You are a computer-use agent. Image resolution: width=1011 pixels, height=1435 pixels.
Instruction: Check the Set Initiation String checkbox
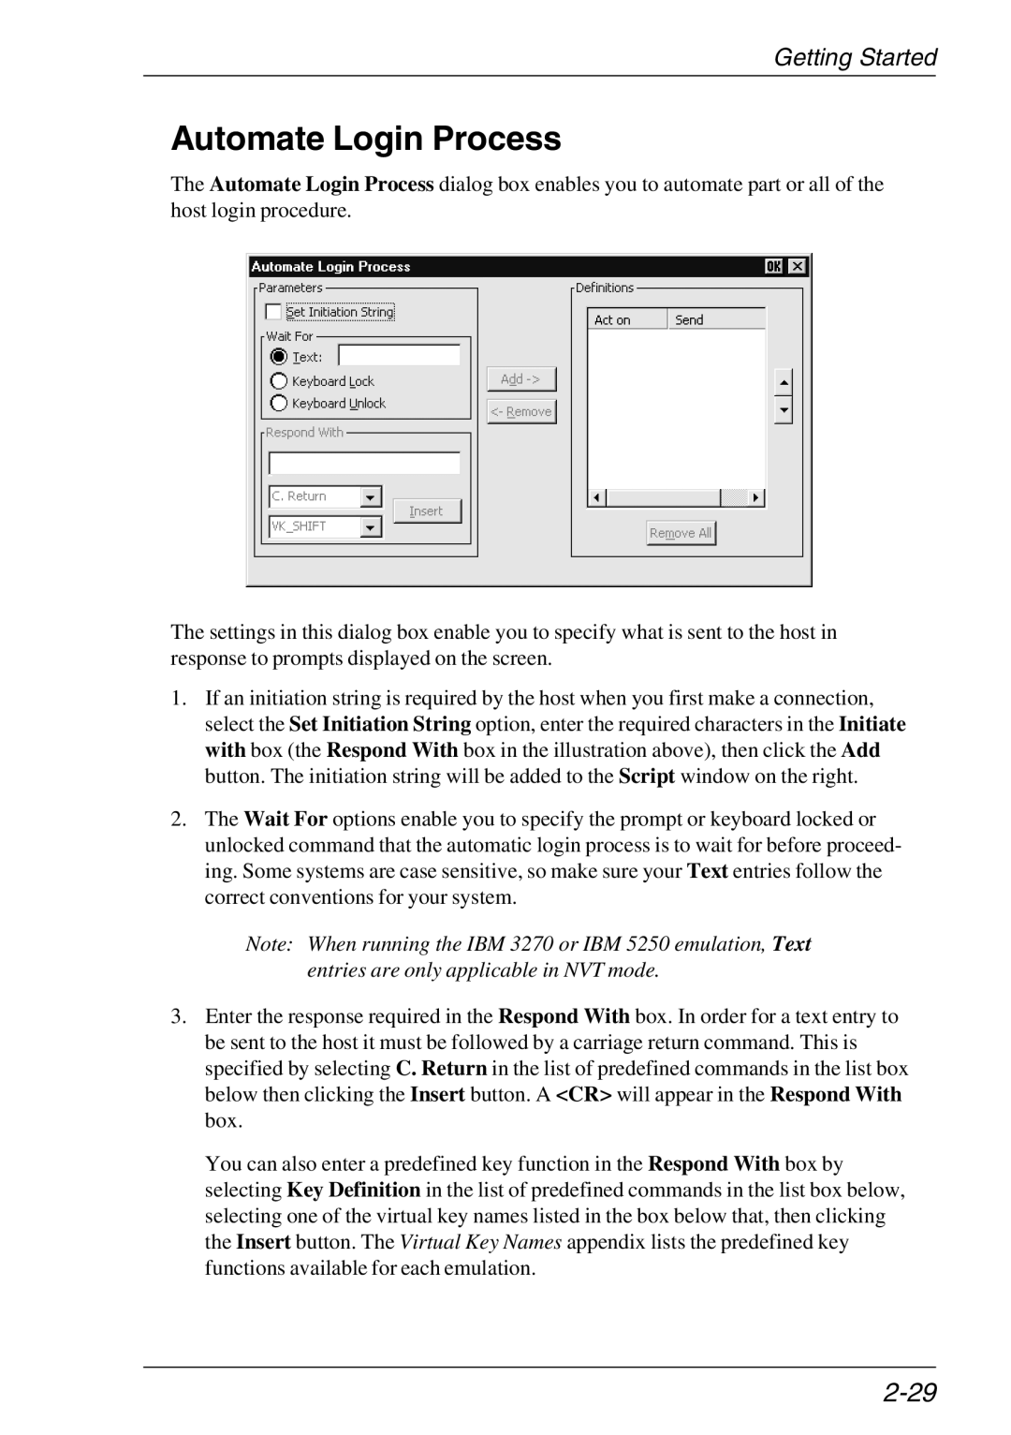pos(273,312)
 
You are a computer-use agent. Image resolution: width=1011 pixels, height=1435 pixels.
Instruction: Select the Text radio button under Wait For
pos(279,357)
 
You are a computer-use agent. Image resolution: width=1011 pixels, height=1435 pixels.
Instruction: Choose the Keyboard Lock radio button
pos(279,381)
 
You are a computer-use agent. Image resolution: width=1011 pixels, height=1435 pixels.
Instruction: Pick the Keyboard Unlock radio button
pos(279,404)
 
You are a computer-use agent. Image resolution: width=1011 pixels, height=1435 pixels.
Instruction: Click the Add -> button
pos(521,379)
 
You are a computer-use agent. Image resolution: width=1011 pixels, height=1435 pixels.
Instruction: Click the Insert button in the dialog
pos(426,511)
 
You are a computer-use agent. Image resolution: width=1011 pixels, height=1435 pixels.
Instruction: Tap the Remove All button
pos(681,533)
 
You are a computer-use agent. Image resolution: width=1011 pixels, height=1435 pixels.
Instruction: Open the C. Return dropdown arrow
pos(372,497)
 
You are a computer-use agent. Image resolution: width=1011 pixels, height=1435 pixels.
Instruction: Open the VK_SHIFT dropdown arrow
pos(372,527)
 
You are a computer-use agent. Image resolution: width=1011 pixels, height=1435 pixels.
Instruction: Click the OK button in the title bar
pos(774,267)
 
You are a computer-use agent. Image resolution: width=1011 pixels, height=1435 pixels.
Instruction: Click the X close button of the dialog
pos(797,267)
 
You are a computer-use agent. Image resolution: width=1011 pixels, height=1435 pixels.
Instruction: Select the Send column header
pos(716,320)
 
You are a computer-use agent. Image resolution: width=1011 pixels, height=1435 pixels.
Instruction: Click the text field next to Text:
pos(399,356)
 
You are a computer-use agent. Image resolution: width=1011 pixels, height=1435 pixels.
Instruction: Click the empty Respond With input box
pos(364,463)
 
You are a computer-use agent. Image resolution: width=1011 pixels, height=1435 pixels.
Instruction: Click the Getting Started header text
pos(855,58)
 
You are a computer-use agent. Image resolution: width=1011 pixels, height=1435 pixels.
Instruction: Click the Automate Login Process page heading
pos(366,139)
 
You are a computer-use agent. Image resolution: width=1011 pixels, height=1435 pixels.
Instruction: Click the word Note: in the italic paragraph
pos(271,944)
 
